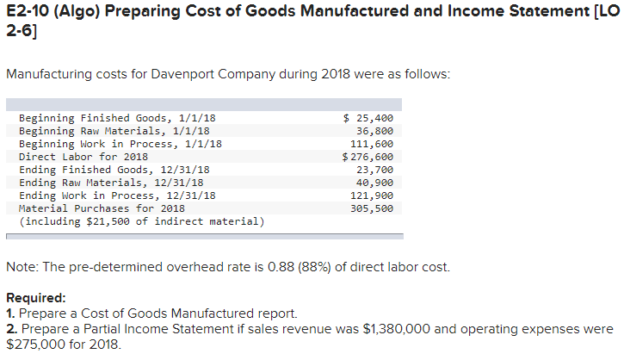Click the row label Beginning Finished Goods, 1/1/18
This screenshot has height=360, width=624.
(117, 118)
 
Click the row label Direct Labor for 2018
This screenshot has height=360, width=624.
(83, 157)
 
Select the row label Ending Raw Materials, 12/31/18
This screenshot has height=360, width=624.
(111, 183)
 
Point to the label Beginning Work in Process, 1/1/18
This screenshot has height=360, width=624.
(120, 144)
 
